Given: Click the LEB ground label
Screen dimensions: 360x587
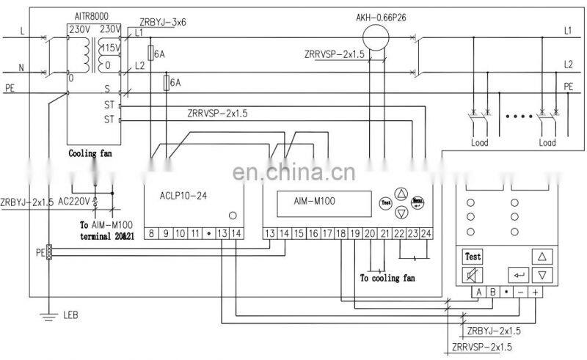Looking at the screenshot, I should pyautogui.click(x=70, y=315).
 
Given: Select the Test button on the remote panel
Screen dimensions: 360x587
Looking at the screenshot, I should pyautogui.click(x=473, y=257).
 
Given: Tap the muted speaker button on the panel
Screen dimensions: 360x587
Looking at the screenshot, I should pyautogui.click(x=473, y=276).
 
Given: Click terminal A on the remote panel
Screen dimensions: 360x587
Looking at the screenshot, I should pyautogui.click(x=478, y=292).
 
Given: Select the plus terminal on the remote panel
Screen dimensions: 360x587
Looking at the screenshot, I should pyautogui.click(x=536, y=292).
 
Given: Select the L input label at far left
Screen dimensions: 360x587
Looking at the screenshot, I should pyautogui.click(x=21, y=32).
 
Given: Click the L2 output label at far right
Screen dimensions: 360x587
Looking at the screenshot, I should pyautogui.click(x=567, y=65).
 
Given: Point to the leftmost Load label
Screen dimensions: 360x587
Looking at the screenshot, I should pyautogui.click(x=479, y=143).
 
